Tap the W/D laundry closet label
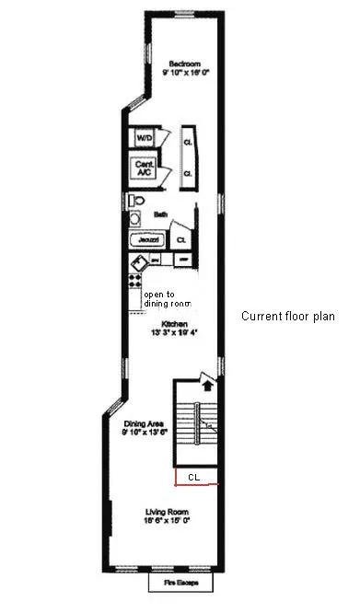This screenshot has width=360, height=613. [x=145, y=137]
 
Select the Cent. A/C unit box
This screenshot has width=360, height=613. [x=145, y=168]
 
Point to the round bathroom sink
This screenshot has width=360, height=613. [x=133, y=219]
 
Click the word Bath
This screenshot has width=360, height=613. [x=160, y=214]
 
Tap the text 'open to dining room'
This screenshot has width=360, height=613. [x=165, y=298]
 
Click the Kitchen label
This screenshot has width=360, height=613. [x=174, y=324]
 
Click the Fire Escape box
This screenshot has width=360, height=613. [x=180, y=584]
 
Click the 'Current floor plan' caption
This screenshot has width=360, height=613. [x=288, y=317]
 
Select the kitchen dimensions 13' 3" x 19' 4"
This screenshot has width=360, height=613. [x=174, y=332]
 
